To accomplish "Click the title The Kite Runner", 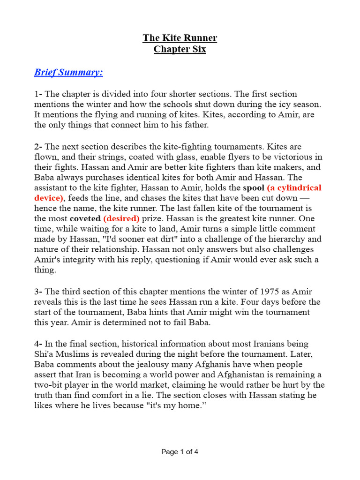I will coord(180,38).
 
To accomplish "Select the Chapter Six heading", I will coord(180,49).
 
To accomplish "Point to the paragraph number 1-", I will coord(38,94).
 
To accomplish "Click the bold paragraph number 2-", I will coord(38,147).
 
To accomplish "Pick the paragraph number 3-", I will coord(38,291).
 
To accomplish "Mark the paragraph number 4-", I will coord(38,344).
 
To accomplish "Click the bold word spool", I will coord(253,188).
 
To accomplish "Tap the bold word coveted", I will coord(85,219).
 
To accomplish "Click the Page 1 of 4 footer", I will coord(180,452).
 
